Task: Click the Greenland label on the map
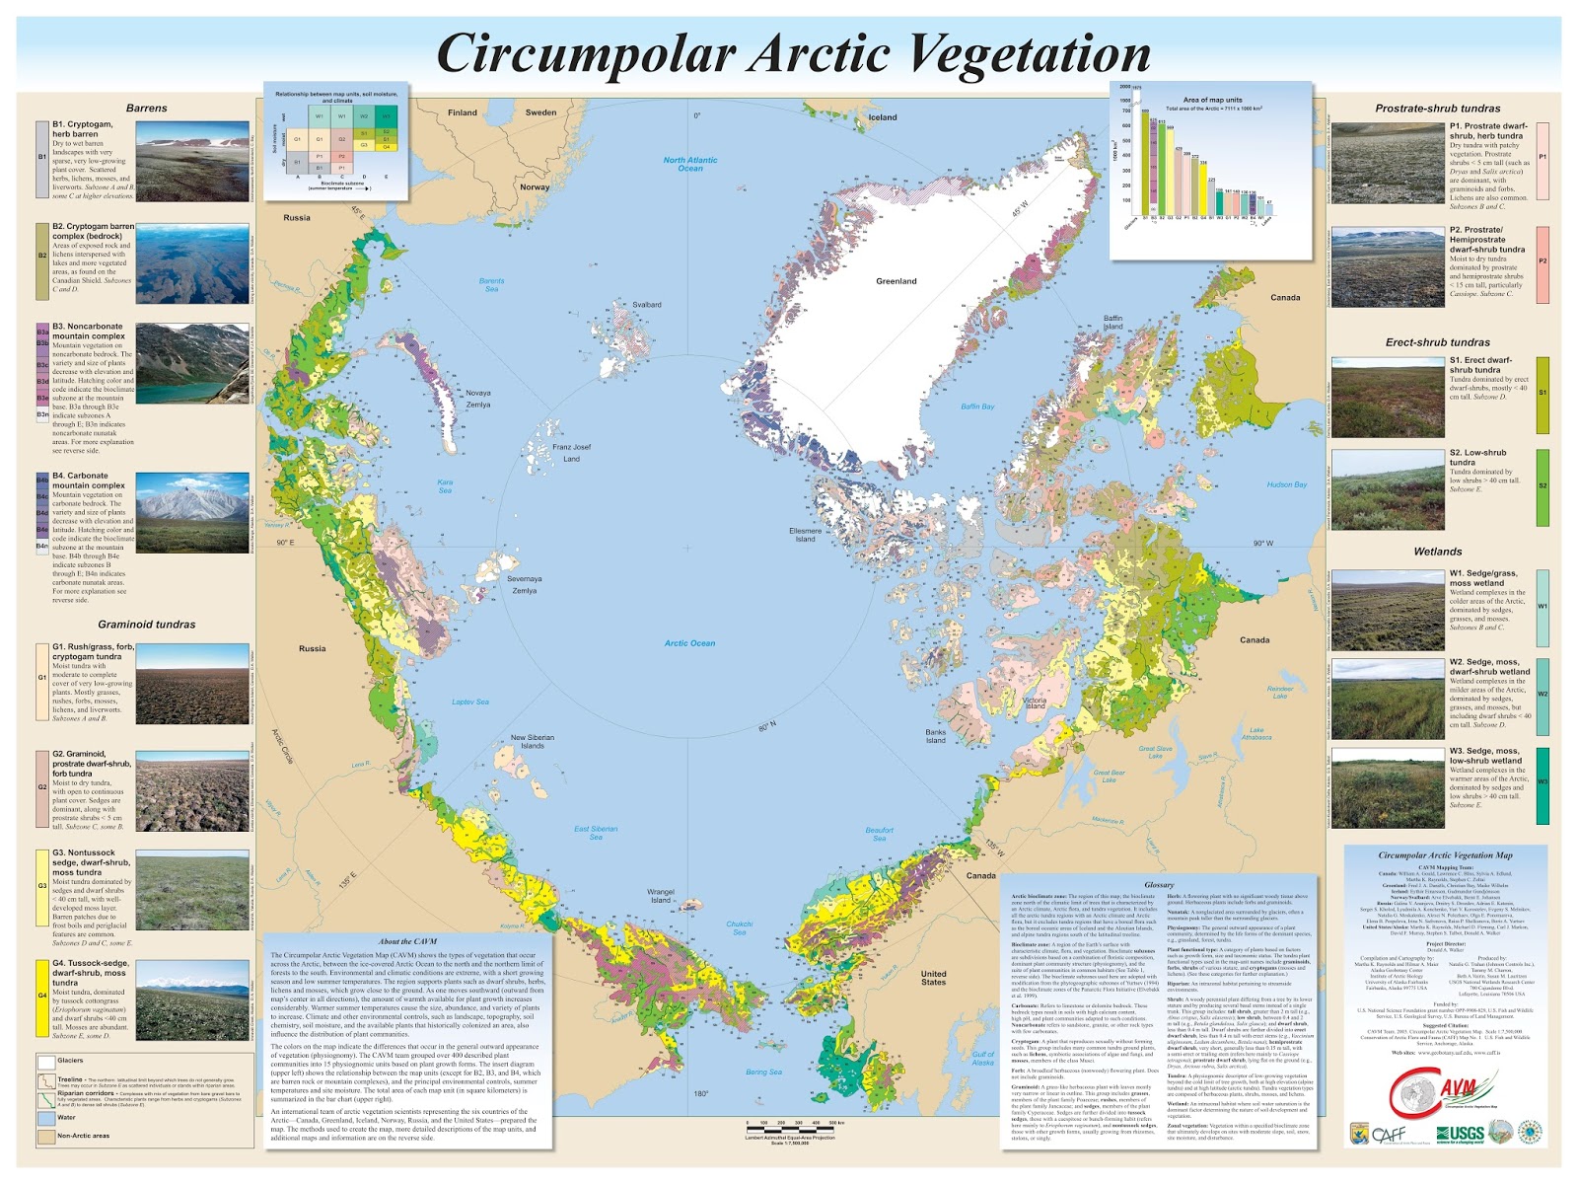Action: [x=896, y=281]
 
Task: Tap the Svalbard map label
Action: [x=647, y=305]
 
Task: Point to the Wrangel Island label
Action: [x=661, y=895]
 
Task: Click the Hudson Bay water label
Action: [x=1286, y=484]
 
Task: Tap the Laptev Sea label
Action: [x=470, y=702]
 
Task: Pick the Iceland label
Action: [x=882, y=117]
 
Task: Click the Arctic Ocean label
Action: [x=689, y=643]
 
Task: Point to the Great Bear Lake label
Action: [x=1109, y=776]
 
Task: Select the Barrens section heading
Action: [x=146, y=109]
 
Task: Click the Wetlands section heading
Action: [x=1437, y=552]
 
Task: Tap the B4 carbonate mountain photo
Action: [x=192, y=512]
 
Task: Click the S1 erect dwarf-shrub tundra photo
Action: [x=1388, y=398]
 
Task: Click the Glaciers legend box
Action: [x=45, y=1063]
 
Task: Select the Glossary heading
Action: [x=1159, y=885]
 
